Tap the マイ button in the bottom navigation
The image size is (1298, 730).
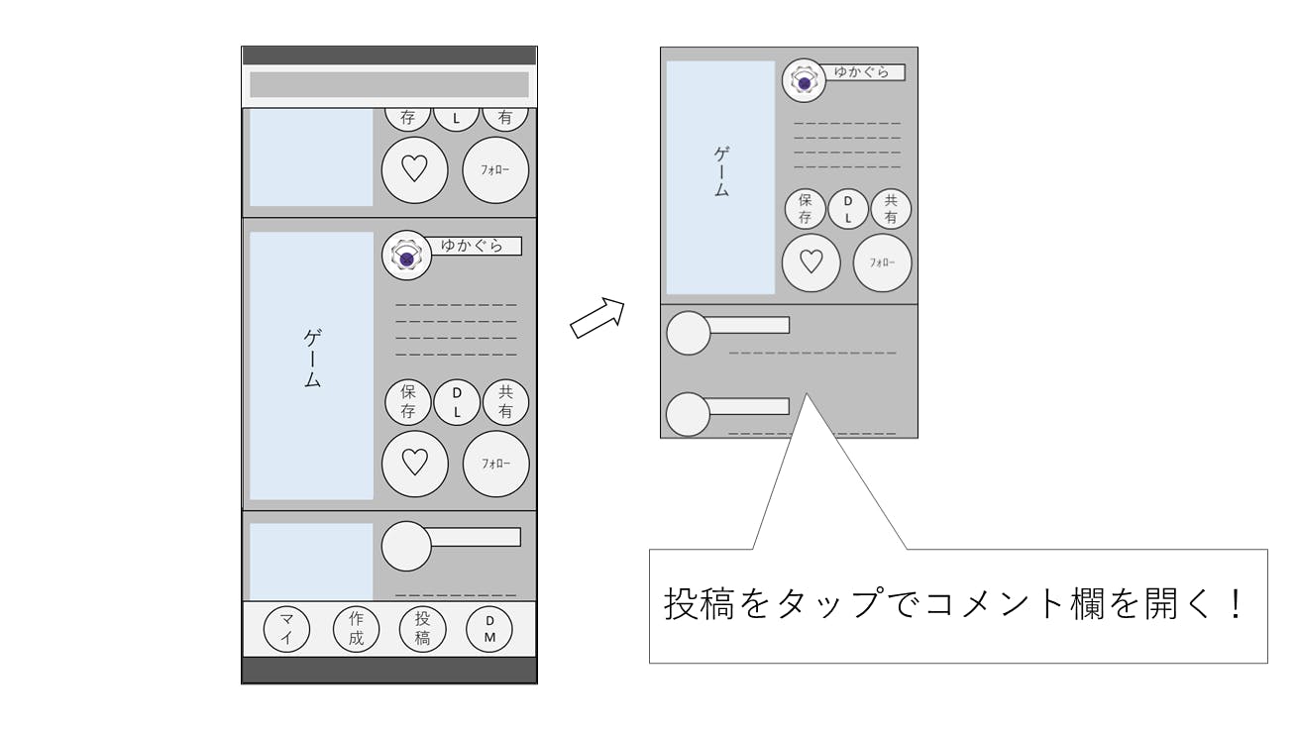286,629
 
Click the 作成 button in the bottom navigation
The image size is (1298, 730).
356,629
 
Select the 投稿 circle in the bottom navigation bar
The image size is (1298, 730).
422,629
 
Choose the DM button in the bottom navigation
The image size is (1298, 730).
489,629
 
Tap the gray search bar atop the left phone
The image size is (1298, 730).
388,84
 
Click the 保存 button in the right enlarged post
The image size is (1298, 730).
805,208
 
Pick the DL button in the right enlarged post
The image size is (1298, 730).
847,208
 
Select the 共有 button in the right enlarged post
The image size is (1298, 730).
891,208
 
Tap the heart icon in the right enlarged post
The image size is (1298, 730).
811,262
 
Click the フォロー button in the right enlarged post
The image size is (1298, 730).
882,262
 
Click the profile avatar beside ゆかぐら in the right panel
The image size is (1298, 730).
804,81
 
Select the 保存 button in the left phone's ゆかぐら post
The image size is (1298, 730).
407,402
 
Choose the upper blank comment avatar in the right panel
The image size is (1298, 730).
688,333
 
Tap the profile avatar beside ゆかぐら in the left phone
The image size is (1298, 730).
405,256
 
